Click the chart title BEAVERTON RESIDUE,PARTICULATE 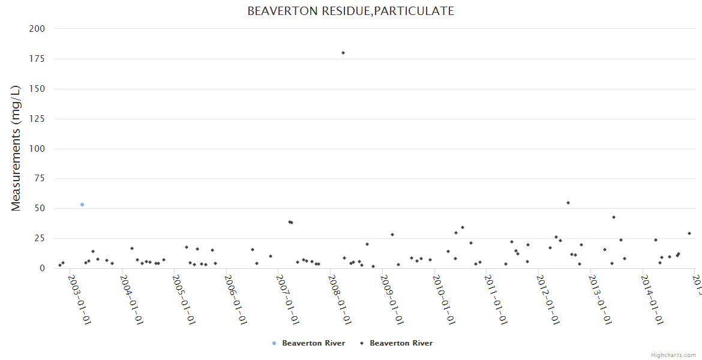[351, 11]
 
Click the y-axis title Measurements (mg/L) [16, 148]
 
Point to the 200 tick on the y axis [37, 29]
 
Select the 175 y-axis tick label [37, 59]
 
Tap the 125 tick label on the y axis [37, 119]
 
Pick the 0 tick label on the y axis [43, 268]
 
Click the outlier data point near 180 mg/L [343, 53]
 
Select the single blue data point [82, 205]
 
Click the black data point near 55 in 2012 [568, 203]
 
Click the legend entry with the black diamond [396, 343]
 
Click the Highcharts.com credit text [674, 355]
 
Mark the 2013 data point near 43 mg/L [614, 217]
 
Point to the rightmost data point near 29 [689, 233]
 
